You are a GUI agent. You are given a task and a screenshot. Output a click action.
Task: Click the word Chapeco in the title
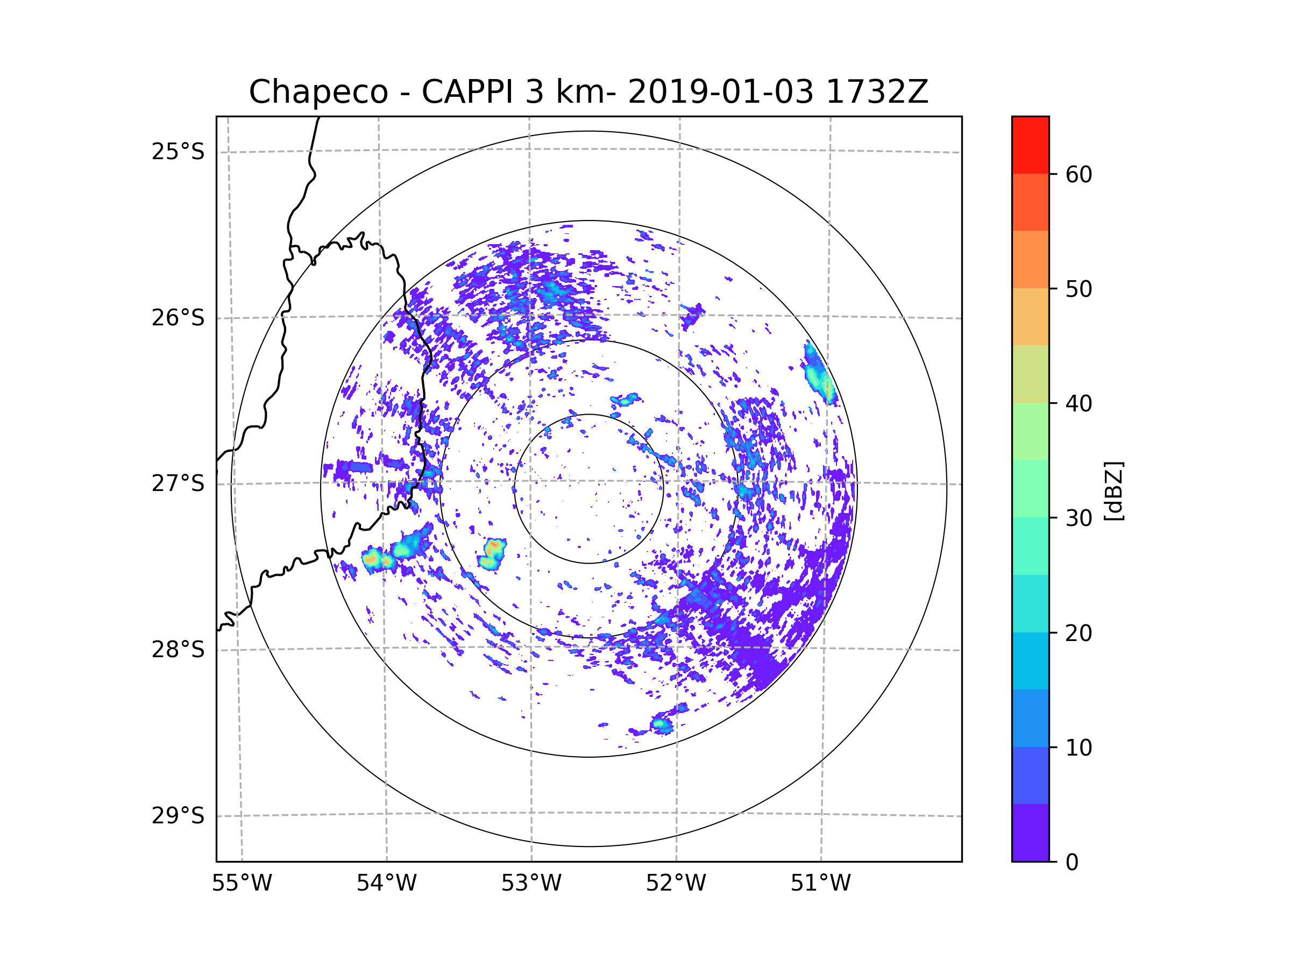[x=318, y=92]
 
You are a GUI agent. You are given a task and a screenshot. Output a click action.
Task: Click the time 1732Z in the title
[x=877, y=92]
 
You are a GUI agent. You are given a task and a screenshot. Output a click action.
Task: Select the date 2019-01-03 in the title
[x=720, y=92]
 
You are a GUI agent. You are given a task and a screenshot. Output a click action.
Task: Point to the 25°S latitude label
[x=178, y=152]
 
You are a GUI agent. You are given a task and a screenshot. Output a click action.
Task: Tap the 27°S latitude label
[x=178, y=483]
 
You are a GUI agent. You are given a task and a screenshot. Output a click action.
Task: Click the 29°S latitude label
[x=178, y=816]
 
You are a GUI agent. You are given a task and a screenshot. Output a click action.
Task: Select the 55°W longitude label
[x=242, y=884]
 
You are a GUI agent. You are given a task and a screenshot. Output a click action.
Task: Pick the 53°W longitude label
[x=531, y=884]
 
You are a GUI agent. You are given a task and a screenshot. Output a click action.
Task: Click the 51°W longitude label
[x=820, y=884]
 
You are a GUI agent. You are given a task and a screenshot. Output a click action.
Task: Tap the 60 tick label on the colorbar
[x=1079, y=174]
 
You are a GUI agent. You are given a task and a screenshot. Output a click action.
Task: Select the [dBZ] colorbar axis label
[x=1113, y=490]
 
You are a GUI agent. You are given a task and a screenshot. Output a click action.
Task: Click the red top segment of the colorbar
[x=1030, y=145]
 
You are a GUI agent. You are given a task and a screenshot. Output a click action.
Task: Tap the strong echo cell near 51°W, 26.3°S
[x=819, y=373]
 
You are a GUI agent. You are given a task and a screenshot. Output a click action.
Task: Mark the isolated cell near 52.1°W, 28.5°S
[x=662, y=725]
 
